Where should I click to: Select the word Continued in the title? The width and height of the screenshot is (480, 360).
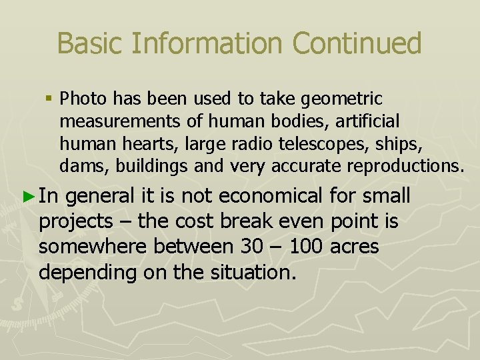click(357, 44)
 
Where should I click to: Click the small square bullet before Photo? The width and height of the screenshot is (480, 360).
click(49, 99)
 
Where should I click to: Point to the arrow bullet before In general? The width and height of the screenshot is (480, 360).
click(27, 197)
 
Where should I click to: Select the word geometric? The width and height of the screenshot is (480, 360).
click(342, 99)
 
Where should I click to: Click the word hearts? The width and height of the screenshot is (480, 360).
click(132, 143)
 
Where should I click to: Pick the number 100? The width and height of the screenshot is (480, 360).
click(305, 247)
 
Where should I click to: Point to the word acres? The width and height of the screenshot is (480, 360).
click(355, 247)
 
